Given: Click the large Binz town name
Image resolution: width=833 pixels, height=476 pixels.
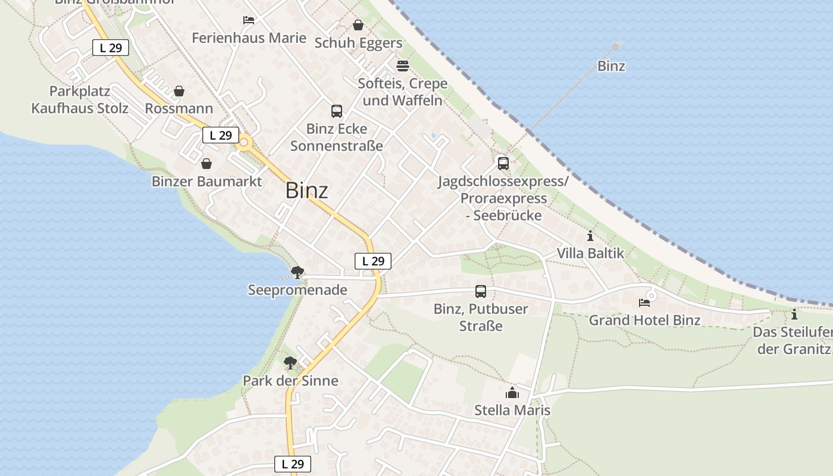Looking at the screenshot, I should (x=306, y=190).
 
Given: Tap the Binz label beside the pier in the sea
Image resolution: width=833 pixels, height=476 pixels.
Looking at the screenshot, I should (x=611, y=66).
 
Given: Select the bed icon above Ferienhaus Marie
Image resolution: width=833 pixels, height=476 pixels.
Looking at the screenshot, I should (x=249, y=20).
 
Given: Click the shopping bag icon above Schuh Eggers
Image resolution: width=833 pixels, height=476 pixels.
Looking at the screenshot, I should (x=358, y=25).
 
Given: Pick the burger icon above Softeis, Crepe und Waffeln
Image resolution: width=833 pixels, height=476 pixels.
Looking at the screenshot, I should (x=403, y=65).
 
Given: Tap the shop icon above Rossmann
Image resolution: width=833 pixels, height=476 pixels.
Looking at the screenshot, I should (x=179, y=91).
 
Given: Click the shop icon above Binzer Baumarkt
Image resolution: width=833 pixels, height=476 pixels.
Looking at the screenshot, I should (x=206, y=164).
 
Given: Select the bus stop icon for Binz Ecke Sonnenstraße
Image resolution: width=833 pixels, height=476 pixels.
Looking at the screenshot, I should (x=337, y=111).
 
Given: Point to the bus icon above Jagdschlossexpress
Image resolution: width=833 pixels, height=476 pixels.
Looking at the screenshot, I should (x=503, y=163).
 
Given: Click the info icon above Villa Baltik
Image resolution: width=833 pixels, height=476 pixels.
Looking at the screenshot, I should (x=590, y=236).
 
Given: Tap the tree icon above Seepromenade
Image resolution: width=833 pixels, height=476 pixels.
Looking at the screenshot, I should (x=297, y=273).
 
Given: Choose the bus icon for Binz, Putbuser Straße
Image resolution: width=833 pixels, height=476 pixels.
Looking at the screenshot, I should (x=481, y=292).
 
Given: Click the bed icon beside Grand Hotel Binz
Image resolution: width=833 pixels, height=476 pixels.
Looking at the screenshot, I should (x=644, y=303).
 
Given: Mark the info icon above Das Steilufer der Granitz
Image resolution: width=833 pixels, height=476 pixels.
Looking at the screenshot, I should (x=794, y=314).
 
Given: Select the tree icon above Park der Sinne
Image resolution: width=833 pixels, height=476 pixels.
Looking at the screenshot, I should (x=290, y=362).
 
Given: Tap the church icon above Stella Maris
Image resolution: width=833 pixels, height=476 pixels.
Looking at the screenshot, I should (x=512, y=393).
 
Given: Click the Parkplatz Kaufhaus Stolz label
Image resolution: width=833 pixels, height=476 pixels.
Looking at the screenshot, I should (x=80, y=100).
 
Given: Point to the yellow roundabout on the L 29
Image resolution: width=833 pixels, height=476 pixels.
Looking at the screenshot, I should (x=243, y=143).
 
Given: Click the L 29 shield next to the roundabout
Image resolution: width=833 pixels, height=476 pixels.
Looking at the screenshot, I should (x=221, y=135).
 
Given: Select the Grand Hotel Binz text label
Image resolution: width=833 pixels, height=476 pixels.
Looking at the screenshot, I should (x=644, y=320).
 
